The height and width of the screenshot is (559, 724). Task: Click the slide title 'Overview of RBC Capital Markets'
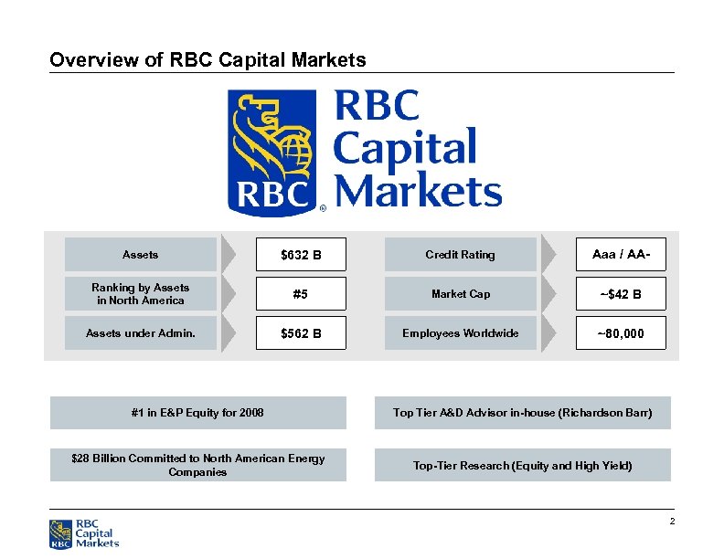(x=208, y=60)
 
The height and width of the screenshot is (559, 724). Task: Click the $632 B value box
(x=301, y=255)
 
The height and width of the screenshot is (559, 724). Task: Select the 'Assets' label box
(x=140, y=255)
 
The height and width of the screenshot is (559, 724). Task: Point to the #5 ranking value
(x=301, y=294)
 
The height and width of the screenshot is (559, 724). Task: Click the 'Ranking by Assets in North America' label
(x=140, y=294)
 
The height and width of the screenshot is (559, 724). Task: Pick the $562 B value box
(x=301, y=333)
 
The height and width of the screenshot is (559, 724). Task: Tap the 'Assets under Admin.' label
(x=140, y=333)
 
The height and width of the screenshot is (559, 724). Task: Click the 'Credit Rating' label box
(x=460, y=255)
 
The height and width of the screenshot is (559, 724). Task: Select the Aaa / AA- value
(x=620, y=255)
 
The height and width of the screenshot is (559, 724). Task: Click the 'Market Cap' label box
(x=460, y=294)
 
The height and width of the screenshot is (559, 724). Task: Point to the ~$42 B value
(x=620, y=294)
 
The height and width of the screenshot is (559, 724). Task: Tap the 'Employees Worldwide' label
(x=460, y=333)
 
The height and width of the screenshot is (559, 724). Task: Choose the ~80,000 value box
(x=620, y=333)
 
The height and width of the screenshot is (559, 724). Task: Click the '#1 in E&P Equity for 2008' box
(x=197, y=413)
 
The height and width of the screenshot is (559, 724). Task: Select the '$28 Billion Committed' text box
(x=197, y=465)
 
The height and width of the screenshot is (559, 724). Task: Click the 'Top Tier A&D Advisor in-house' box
(x=522, y=413)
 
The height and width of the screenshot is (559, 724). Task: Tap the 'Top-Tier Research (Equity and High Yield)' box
(x=522, y=465)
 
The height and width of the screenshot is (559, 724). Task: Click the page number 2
(x=671, y=522)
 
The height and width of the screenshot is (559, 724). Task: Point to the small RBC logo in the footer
(x=84, y=533)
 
